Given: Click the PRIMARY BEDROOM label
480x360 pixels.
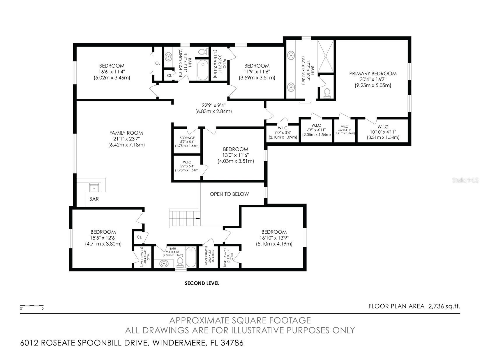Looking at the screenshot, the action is point(373,74).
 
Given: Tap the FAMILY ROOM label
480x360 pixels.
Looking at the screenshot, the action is point(126,133).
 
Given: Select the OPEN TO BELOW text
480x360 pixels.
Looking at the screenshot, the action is point(229,194).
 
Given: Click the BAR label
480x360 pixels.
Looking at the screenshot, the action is point(94,199).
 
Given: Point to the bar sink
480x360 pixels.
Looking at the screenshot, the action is point(94,188).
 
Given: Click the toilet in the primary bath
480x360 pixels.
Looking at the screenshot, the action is point(327,93).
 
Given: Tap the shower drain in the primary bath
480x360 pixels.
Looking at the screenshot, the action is point(326,56).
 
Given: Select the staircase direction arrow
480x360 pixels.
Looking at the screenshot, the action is point(198,218).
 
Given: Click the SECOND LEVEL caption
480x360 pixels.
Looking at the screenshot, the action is point(202,283).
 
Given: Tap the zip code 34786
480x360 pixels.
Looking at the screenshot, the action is point(232,343).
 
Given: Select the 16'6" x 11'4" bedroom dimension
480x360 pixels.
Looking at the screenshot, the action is point(112,72).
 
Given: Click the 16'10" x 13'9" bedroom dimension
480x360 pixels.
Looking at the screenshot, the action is point(274,238).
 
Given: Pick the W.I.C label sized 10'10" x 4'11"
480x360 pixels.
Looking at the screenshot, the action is point(383,127).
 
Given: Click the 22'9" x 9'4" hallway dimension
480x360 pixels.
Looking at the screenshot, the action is point(213,105).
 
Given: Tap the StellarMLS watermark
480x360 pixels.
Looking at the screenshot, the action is point(465,180).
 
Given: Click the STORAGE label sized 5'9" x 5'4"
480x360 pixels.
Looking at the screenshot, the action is point(187,138).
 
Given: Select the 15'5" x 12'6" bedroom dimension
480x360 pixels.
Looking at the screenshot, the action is point(103,238).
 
